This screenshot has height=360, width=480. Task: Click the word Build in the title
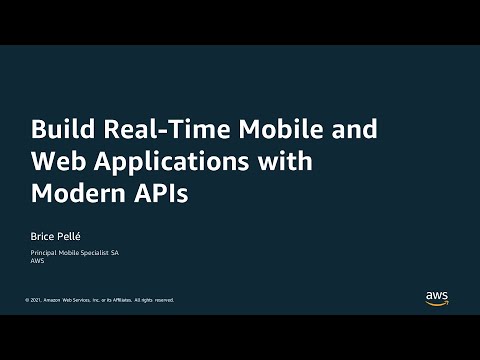(57, 130)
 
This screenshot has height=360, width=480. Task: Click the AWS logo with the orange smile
(437, 298)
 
